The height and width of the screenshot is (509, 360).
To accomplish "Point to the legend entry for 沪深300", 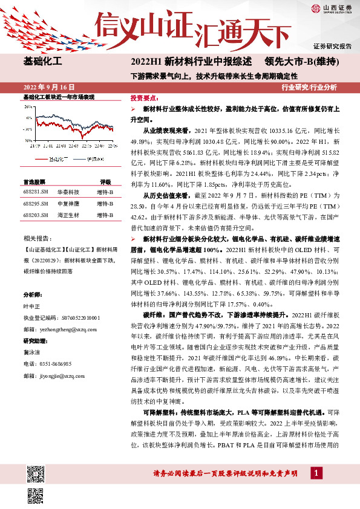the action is pyautogui.click(x=94, y=158).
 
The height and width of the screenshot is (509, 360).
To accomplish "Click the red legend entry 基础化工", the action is pyautogui.click(x=56, y=158).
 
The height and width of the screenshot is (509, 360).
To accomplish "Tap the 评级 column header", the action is pyautogui.click(x=105, y=181).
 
